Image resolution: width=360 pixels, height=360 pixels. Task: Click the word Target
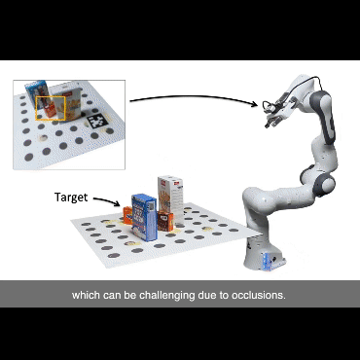pyautogui.click(x=71, y=198)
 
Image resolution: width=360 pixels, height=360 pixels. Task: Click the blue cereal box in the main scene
pyautogui.click(x=144, y=217)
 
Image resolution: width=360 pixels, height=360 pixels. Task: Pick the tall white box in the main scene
pyautogui.click(x=171, y=200)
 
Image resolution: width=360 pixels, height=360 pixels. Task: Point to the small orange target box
pyautogui.click(x=127, y=215)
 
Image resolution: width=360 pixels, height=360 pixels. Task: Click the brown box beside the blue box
pyautogui.click(x=165, y=221)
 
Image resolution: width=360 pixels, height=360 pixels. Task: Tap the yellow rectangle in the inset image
pyautogui.click(x=51, y=108)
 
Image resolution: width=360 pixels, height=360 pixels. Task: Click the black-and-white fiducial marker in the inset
pyautogui.click(x=96, y=122)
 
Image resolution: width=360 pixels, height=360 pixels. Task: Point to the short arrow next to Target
pyautogui.click(x=106, y=200)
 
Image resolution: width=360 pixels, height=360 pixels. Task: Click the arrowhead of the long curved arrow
pyautogui.click(x=255, y=104)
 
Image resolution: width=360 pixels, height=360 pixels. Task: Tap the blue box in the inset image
pyautogui.click(x=38, y=94)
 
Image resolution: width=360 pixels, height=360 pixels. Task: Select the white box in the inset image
pyautogui.click(x=69, y=102)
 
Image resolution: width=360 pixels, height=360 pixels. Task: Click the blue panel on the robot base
pyautogui.click(x=268, y=261)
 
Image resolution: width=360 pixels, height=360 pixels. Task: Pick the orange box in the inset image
pyautogui.click(x=51, y=110)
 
